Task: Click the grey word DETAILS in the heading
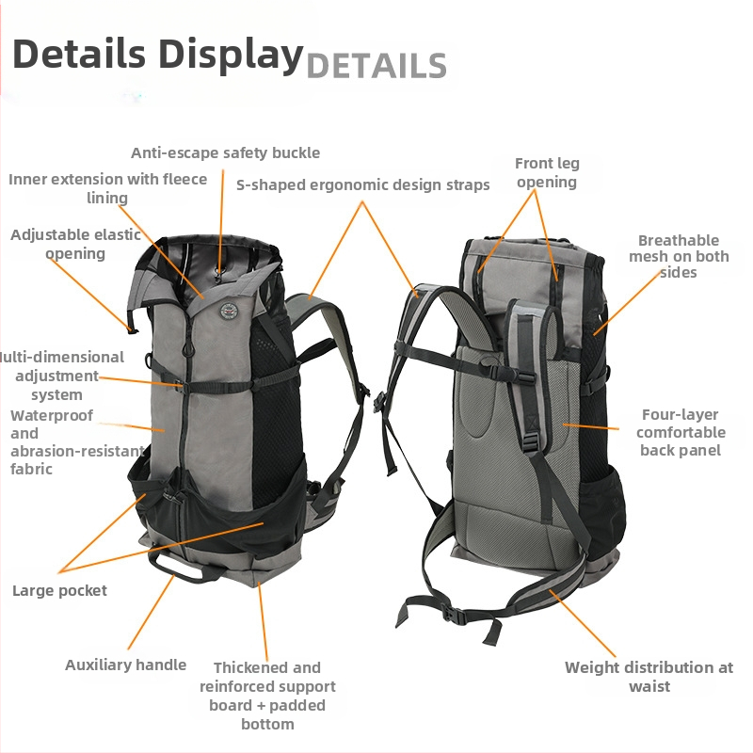(376, 66)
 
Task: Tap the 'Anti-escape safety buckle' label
(225, 152)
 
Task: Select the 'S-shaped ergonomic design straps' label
(363, 184)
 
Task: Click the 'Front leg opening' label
(547, 173)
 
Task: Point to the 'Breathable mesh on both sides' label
(679, 256)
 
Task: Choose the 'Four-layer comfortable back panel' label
(681, 432)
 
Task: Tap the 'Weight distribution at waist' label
(649, 677)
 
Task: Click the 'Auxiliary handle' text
(125, 665)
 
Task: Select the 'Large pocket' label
(59, 591)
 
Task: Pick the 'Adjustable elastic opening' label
(75, 244)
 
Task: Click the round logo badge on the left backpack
(230, 311)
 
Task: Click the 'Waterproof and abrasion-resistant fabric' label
(77, 441)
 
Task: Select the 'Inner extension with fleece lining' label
(107, 188)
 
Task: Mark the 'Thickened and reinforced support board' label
(267, 696)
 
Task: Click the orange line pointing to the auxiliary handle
(151, 612)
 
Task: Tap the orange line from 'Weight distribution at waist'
(582, 623)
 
